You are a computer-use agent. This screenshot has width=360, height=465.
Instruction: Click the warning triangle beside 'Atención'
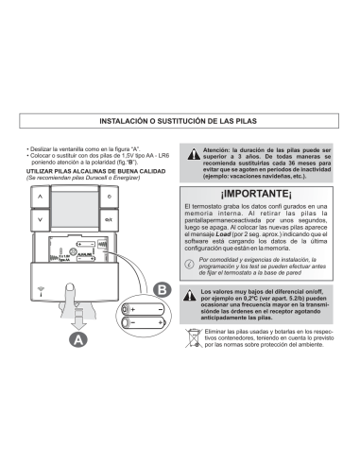coord(193,152)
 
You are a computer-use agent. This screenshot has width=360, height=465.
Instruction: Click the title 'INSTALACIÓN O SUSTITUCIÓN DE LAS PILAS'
coord(180,121)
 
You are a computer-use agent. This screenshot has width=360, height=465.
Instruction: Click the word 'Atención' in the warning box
coord(218,148)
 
